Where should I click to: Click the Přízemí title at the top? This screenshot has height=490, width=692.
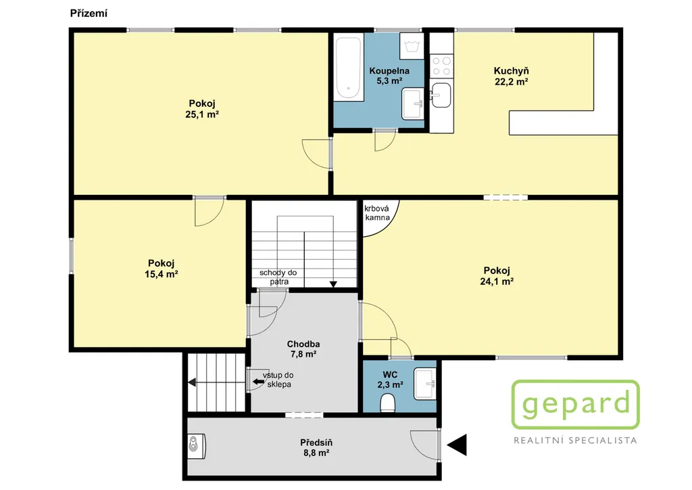[x=89, y=14]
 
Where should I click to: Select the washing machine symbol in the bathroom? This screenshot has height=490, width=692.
[x=412, y=46]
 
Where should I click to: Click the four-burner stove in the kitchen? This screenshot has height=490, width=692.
[x=441, y=66]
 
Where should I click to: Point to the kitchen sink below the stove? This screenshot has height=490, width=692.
[x=441, y=95]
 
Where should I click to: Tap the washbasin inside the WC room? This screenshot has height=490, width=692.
[x=424, y=384]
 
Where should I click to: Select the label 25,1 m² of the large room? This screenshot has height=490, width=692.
[x=202, y=114]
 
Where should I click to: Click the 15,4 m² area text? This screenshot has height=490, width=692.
[x=161, y=274]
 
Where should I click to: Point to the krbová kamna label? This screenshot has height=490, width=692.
[x=377, y=213]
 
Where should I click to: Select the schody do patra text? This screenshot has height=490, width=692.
[x=278, y=277]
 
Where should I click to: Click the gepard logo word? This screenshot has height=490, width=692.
[x=576, y=404]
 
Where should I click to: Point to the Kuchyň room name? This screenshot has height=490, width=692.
[x=511, y=70]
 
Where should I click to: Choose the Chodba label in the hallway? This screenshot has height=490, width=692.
[x=303, y=344]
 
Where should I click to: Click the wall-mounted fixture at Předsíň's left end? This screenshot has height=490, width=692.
[x=197, y=445]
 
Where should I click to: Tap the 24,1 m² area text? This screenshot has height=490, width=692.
[x=497, y=281]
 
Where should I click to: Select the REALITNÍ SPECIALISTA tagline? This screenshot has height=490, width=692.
[x=576, y=440]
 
